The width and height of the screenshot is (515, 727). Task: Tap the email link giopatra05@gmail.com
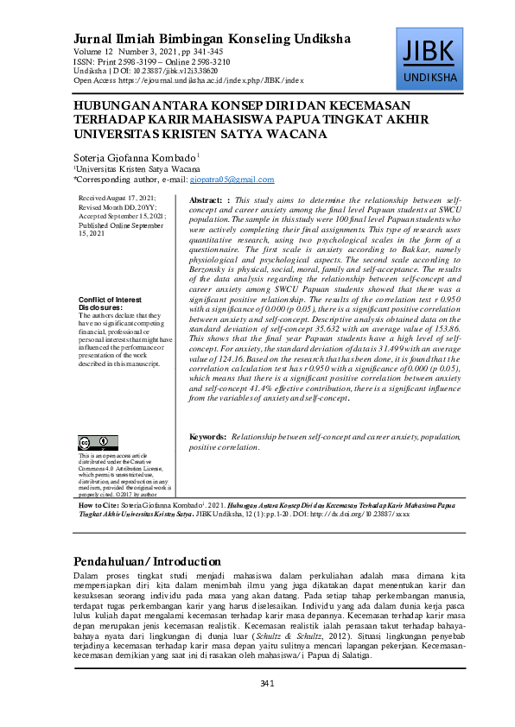(238, 180)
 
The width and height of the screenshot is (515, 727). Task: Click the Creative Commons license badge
(95, 444)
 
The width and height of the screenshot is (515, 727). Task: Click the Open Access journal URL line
(188, 79)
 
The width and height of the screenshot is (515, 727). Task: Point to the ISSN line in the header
(152, 62)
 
